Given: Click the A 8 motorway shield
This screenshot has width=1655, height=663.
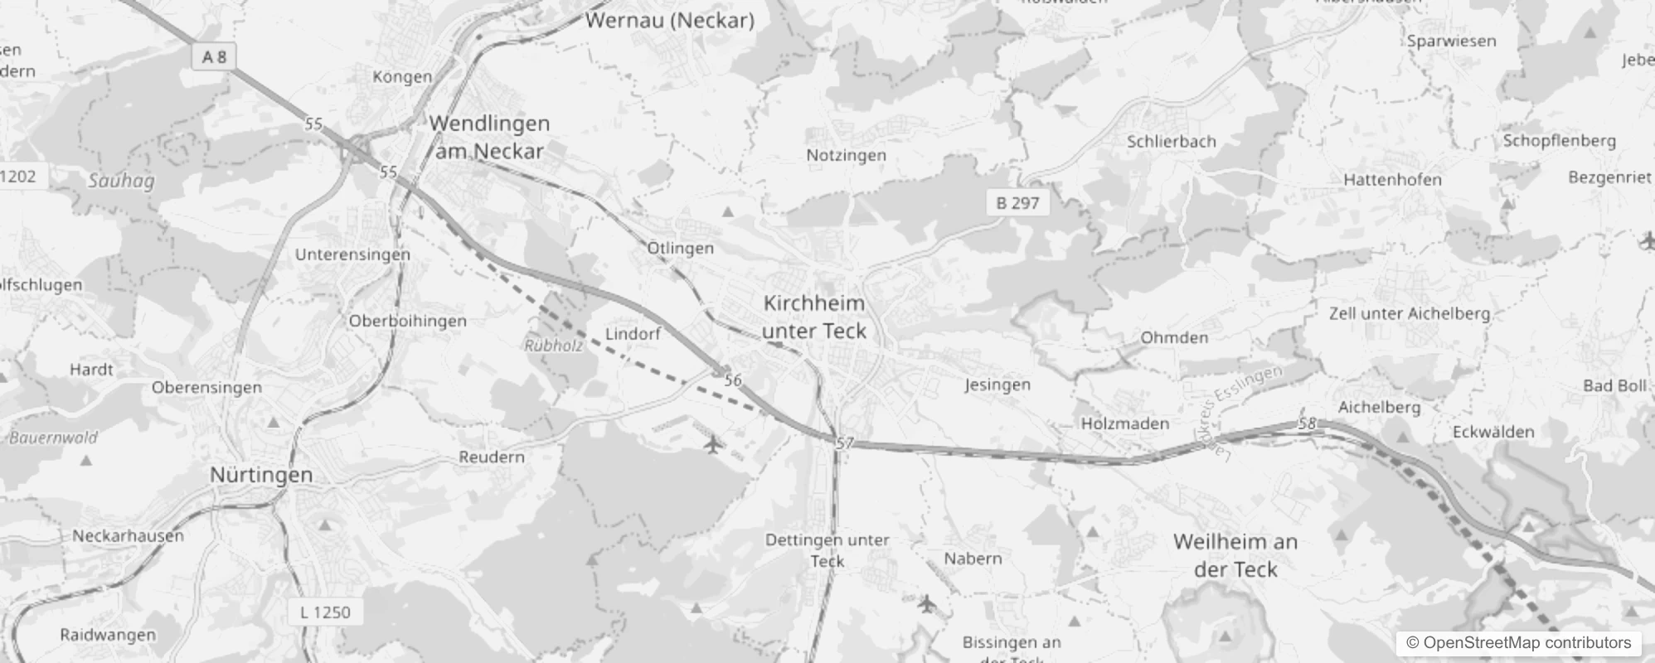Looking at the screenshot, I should click(x=213, y=56).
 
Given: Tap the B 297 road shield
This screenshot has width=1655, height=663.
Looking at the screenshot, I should click(x=1017, y=203).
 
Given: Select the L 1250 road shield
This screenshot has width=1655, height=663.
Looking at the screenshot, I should click(x=325, y=612).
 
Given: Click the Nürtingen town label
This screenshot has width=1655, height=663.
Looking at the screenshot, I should click(x=261, y=475).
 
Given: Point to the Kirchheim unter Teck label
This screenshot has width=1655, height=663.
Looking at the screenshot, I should click(x=814, y=317).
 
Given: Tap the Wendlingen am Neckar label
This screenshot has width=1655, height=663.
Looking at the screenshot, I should click(x=489, y=137).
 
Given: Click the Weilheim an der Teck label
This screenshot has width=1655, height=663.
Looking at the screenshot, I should click(x=1235, y=555).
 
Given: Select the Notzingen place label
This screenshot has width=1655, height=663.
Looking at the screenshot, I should click(x=846, y=155).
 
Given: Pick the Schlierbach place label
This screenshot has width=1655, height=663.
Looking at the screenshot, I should click(x=1171, y=142).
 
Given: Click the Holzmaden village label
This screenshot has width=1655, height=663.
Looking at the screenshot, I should click(x=1124, y=423).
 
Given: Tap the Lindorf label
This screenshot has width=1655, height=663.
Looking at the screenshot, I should click(x=633, y=334).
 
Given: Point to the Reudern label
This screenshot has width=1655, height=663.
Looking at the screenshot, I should click(x=492, y=457).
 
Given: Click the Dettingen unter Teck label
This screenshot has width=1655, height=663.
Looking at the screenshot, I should click(x=827, y=550).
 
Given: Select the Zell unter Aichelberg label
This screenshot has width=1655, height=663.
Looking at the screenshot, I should click(x=1409, y=313).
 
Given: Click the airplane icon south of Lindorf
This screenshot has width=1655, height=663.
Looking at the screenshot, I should click(x=712, y=445).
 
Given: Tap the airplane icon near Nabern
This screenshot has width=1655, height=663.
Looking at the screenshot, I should click(x=927, y=604).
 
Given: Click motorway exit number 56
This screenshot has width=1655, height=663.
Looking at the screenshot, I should click(x=733, y=381).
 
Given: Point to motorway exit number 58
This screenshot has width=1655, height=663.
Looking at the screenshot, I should click(x=1308, y=423).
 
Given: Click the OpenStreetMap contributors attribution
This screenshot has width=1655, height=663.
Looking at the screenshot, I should click(x=1518, y=643).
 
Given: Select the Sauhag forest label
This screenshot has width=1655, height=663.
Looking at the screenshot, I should click(x=121, y=181).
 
